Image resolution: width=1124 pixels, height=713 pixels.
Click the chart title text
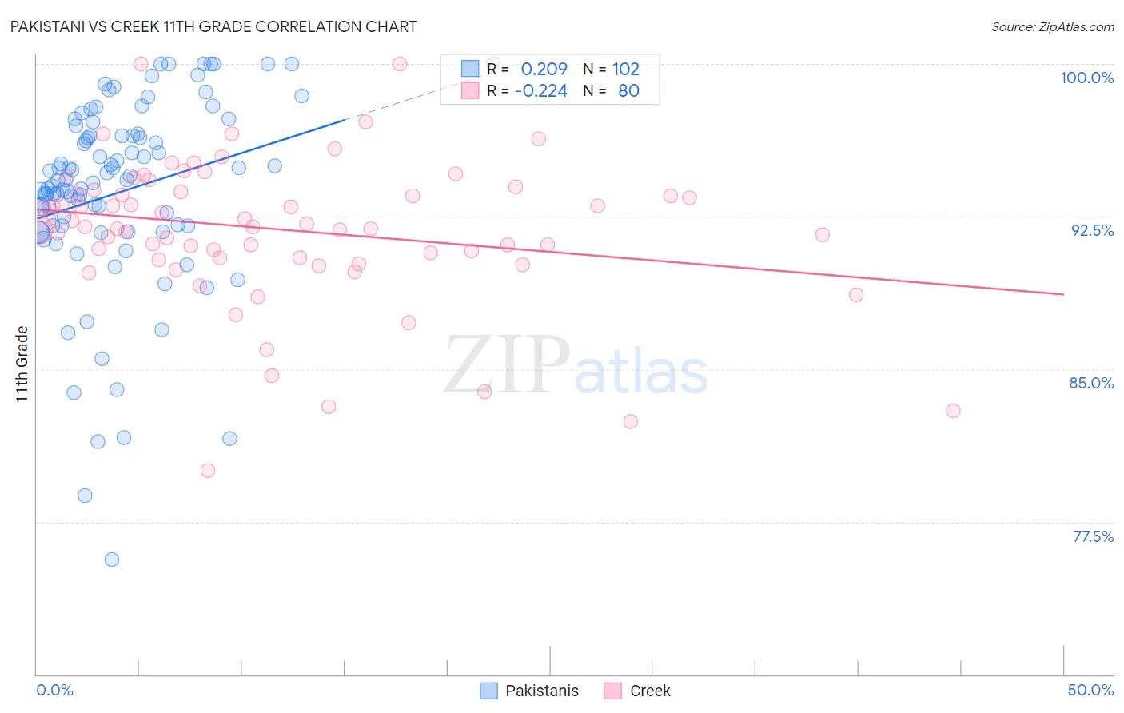[x=213, y=26]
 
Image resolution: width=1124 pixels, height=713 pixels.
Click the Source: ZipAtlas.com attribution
[x=1052, y=27]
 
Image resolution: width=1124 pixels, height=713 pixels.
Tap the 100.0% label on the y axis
[x=1086, y=78]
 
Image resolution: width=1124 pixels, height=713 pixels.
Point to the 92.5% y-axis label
[x=1092, y=230]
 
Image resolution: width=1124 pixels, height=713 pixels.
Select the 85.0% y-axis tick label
[x=1091, y=383]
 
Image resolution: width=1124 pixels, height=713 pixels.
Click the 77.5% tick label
[x=1093, y=536]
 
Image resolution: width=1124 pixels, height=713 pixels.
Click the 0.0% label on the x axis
[x=54, y=690]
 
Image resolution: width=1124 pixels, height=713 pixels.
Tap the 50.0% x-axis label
[x=1090, y=690]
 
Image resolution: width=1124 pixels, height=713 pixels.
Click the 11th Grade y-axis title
[x=22, y=364]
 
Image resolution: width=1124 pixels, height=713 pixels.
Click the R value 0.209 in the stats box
[x=544, y=69]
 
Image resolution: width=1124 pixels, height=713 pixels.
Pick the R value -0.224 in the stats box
[x=540, y=90]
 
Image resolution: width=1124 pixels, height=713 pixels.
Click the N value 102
[x=626, y=69]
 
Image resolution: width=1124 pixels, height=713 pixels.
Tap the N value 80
[x=628, y=90]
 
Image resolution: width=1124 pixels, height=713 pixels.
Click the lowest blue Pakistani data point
[x=112, y=560]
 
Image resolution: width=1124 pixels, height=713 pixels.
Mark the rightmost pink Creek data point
[x=953, y=411]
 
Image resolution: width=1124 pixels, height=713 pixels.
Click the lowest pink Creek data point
[x=208, y=471]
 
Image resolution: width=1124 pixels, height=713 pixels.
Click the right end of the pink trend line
[x=1063, y=294]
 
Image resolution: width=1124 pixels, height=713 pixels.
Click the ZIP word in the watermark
[x=507, y=365]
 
